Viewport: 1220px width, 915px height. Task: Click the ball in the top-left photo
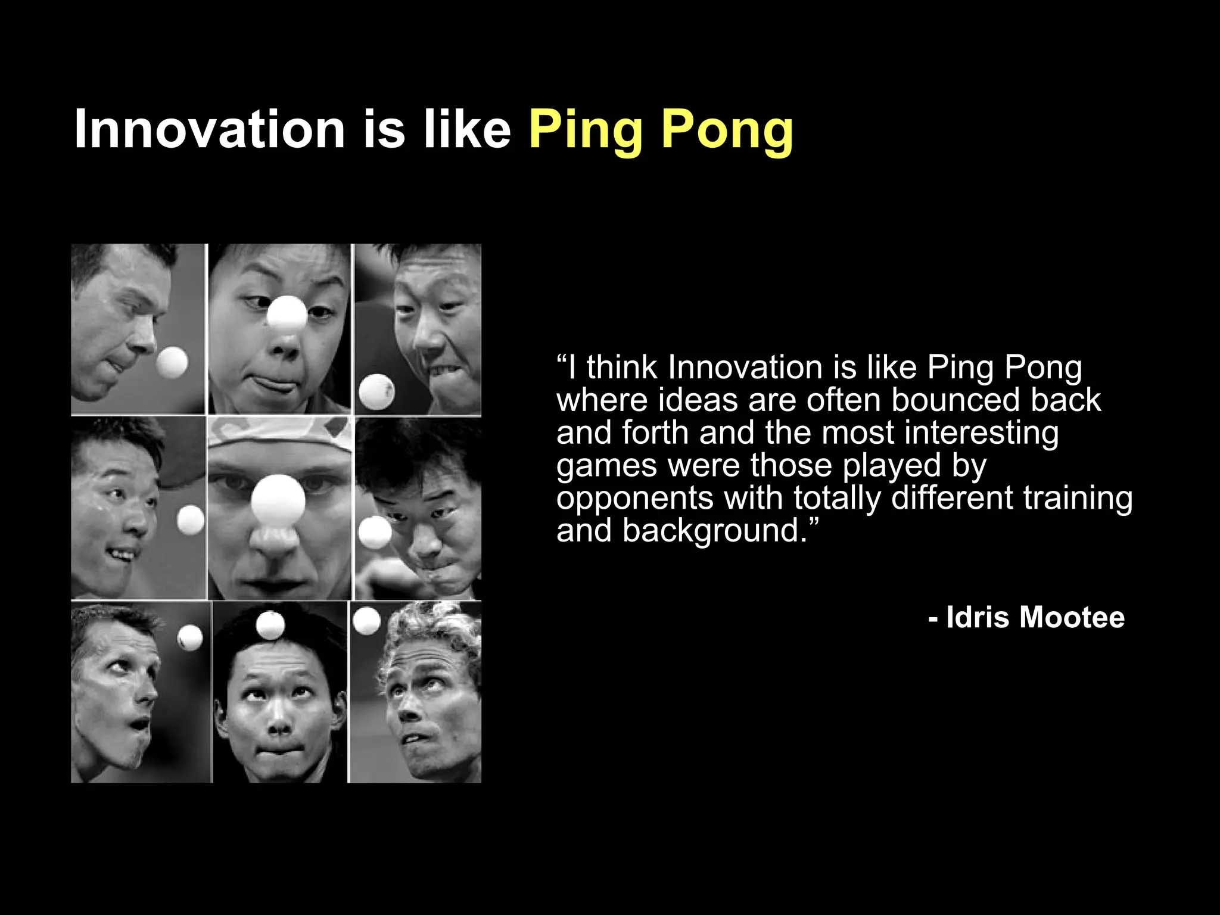(x=172, y=362)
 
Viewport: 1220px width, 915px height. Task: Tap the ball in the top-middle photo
(x=287, y=313)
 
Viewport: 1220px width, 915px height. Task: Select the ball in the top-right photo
(x=376, y=391)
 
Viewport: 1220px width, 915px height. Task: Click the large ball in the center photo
(x=278, y=499)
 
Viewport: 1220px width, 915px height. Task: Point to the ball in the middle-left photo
(x=191, y=520)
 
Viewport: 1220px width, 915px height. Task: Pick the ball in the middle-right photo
(x=375, y=532)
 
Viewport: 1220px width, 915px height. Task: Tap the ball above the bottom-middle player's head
(x=270, y=624)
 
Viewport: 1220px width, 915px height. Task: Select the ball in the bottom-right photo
(x=366, y=620)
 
